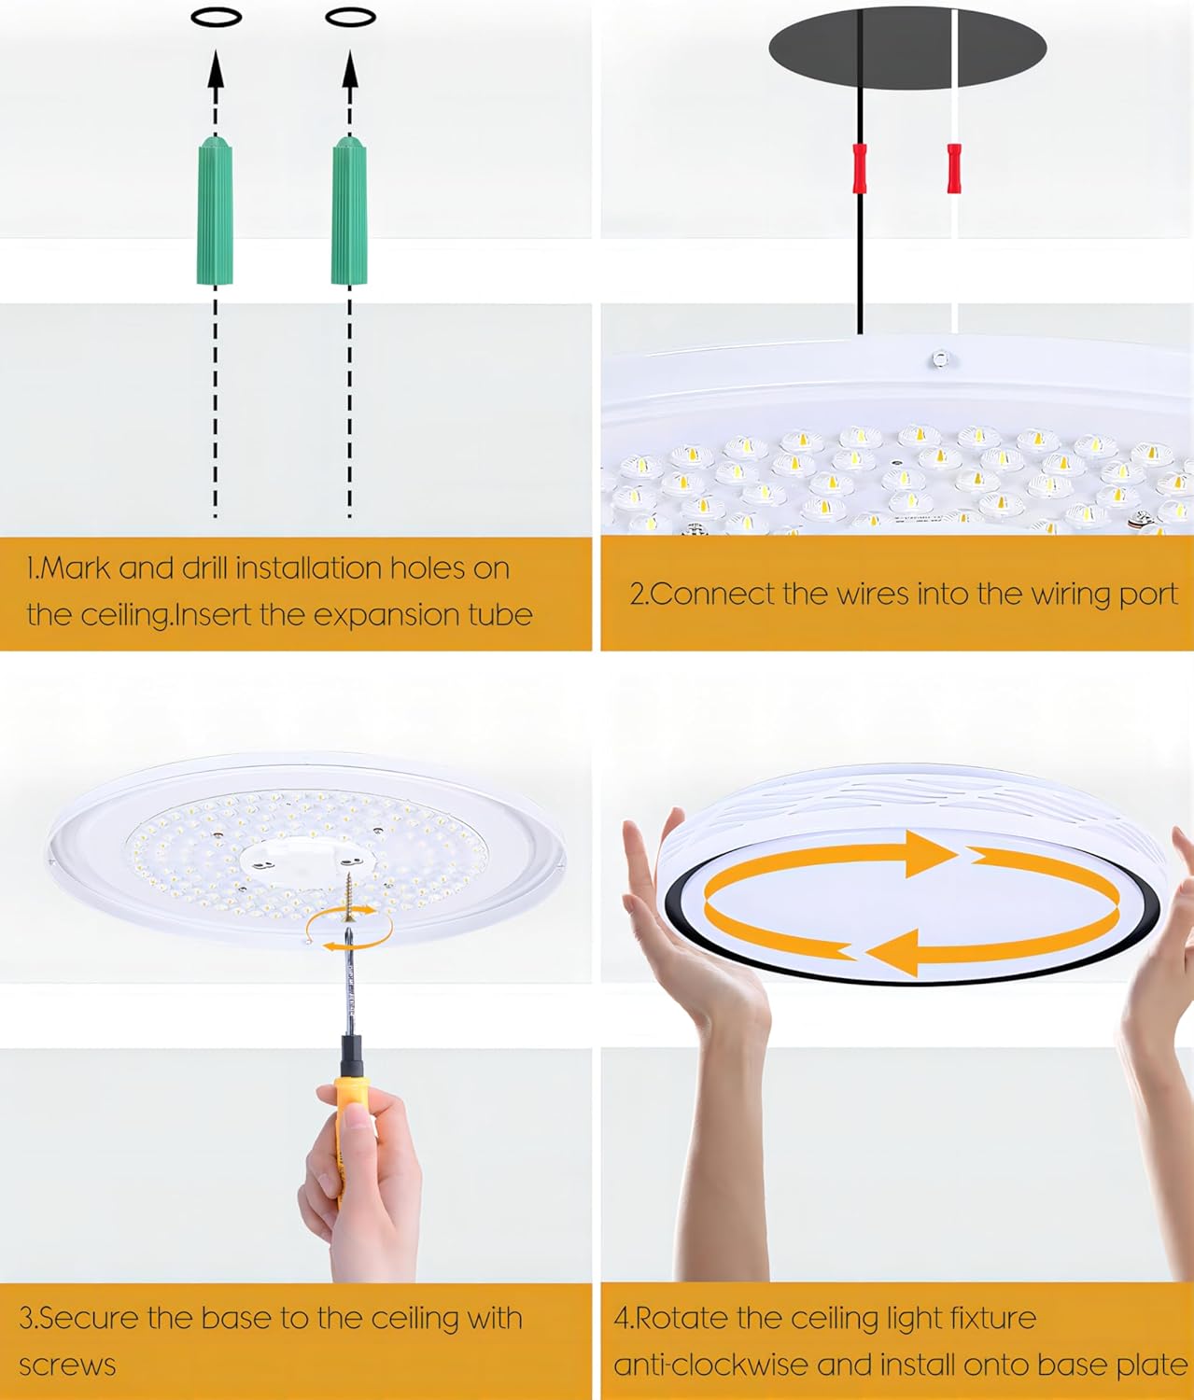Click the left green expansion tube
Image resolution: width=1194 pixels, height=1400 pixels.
pyautogui.click(x=215, y=210)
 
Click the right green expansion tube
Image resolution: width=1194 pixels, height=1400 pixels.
pyautogui.click(x=350, y=210)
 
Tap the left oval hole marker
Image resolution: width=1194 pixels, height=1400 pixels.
pyautogui.click(x=217, y=18)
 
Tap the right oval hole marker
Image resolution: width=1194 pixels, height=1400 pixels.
pyautogui.click(x=350, y=18)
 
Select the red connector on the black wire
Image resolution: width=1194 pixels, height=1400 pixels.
pyautogui.click(x=860, y=168)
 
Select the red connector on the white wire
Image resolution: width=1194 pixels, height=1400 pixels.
pyautogui.click(x=954, y=168)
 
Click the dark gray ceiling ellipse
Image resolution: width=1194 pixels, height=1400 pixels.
pyautogui.click(x=907, y=49)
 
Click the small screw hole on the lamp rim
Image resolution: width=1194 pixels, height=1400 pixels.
pyautogui.click(x=938, y=358)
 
